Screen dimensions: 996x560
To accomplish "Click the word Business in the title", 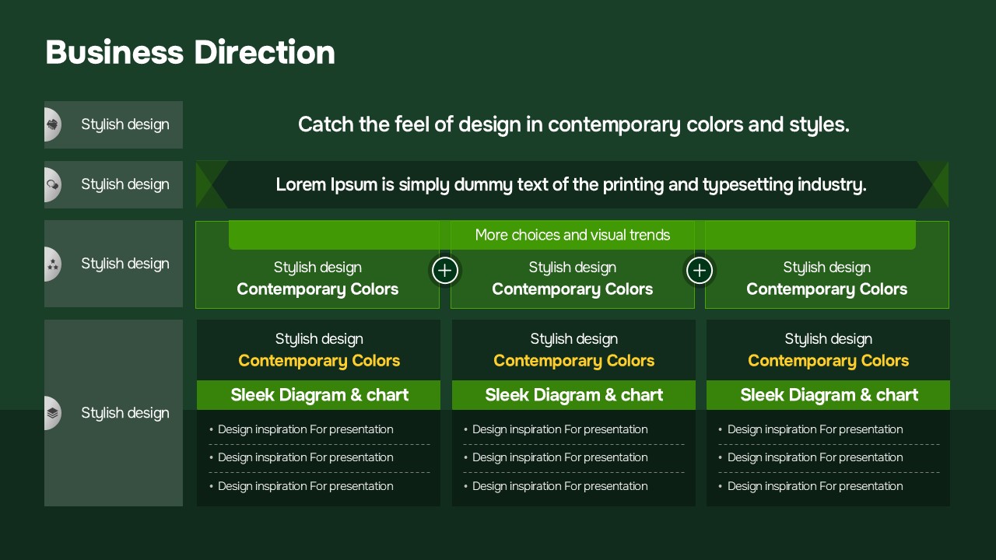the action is (x=114, y=52).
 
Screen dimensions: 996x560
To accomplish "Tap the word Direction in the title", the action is (x=265, y=52).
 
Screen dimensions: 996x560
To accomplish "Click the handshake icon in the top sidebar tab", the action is (x=52, y=124).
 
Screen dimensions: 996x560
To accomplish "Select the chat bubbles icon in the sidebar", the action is (x=52, y=184).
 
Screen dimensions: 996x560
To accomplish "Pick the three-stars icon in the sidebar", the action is (x=52, y=264).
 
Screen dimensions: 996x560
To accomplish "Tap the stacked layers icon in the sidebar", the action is (x=52, y=413).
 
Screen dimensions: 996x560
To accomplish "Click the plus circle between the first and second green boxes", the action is (x=444, y=270).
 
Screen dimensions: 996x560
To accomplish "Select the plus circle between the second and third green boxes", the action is (x=700, y=270).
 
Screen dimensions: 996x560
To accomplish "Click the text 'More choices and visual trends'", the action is (x=572, y=235).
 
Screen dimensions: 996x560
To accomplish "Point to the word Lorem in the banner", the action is (x=301, y=184).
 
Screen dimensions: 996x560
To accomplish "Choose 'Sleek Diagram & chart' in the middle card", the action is (x=573, y=394).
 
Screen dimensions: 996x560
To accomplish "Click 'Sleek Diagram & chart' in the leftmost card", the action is (x=319, y=394).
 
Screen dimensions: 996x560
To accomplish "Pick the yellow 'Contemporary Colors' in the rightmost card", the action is (x=828, y=360).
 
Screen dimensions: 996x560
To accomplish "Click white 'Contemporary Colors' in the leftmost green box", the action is (x=317, y=289).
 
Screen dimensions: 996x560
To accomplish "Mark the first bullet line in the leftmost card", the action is (x=301, y=429).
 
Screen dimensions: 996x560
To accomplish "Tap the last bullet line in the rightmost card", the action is (x=811, y=486).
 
